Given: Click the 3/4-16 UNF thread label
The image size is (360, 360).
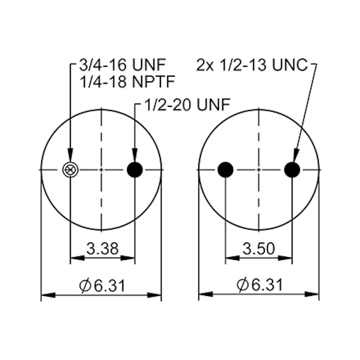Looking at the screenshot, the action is [122, 65].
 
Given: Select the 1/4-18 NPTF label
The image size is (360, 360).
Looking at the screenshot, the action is [127, 82].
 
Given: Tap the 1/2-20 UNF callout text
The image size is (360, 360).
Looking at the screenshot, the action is [187, 105].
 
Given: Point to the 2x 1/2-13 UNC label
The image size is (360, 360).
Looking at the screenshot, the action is [252, 65].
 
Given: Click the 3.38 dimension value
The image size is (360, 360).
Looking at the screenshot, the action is [102, 248].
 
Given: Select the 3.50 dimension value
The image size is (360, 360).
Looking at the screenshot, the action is [259, 248].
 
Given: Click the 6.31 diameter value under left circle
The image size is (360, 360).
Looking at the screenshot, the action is [109, 286].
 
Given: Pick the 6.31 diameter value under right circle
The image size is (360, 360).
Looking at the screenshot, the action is [266, 285].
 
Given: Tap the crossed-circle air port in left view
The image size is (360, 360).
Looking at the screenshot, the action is [70, 170].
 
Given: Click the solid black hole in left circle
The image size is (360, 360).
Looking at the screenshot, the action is [135, 170].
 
